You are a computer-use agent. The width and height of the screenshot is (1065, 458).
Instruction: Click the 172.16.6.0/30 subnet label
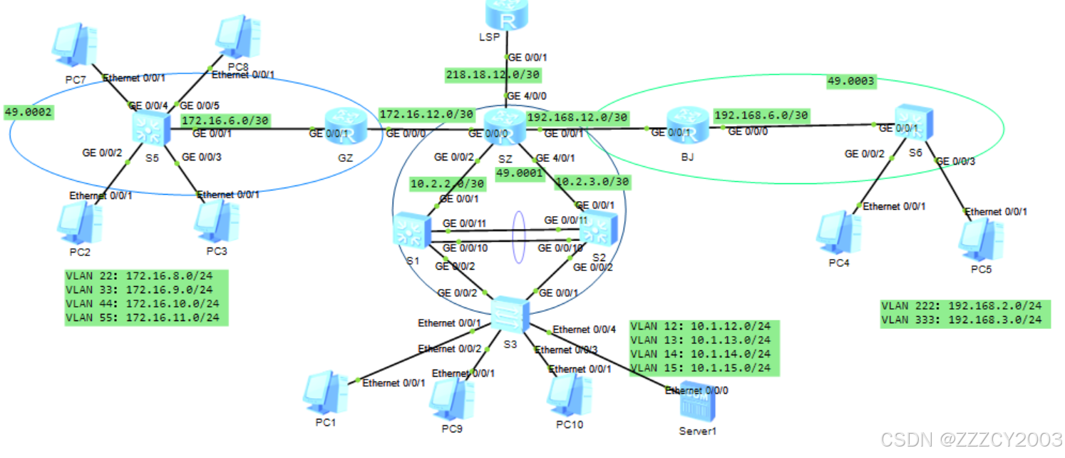225,121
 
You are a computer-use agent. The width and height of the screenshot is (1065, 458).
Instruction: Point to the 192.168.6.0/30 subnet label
761,115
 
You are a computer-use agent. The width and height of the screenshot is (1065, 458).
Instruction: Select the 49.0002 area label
29,112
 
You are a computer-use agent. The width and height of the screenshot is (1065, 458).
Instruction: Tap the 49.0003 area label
850,81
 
